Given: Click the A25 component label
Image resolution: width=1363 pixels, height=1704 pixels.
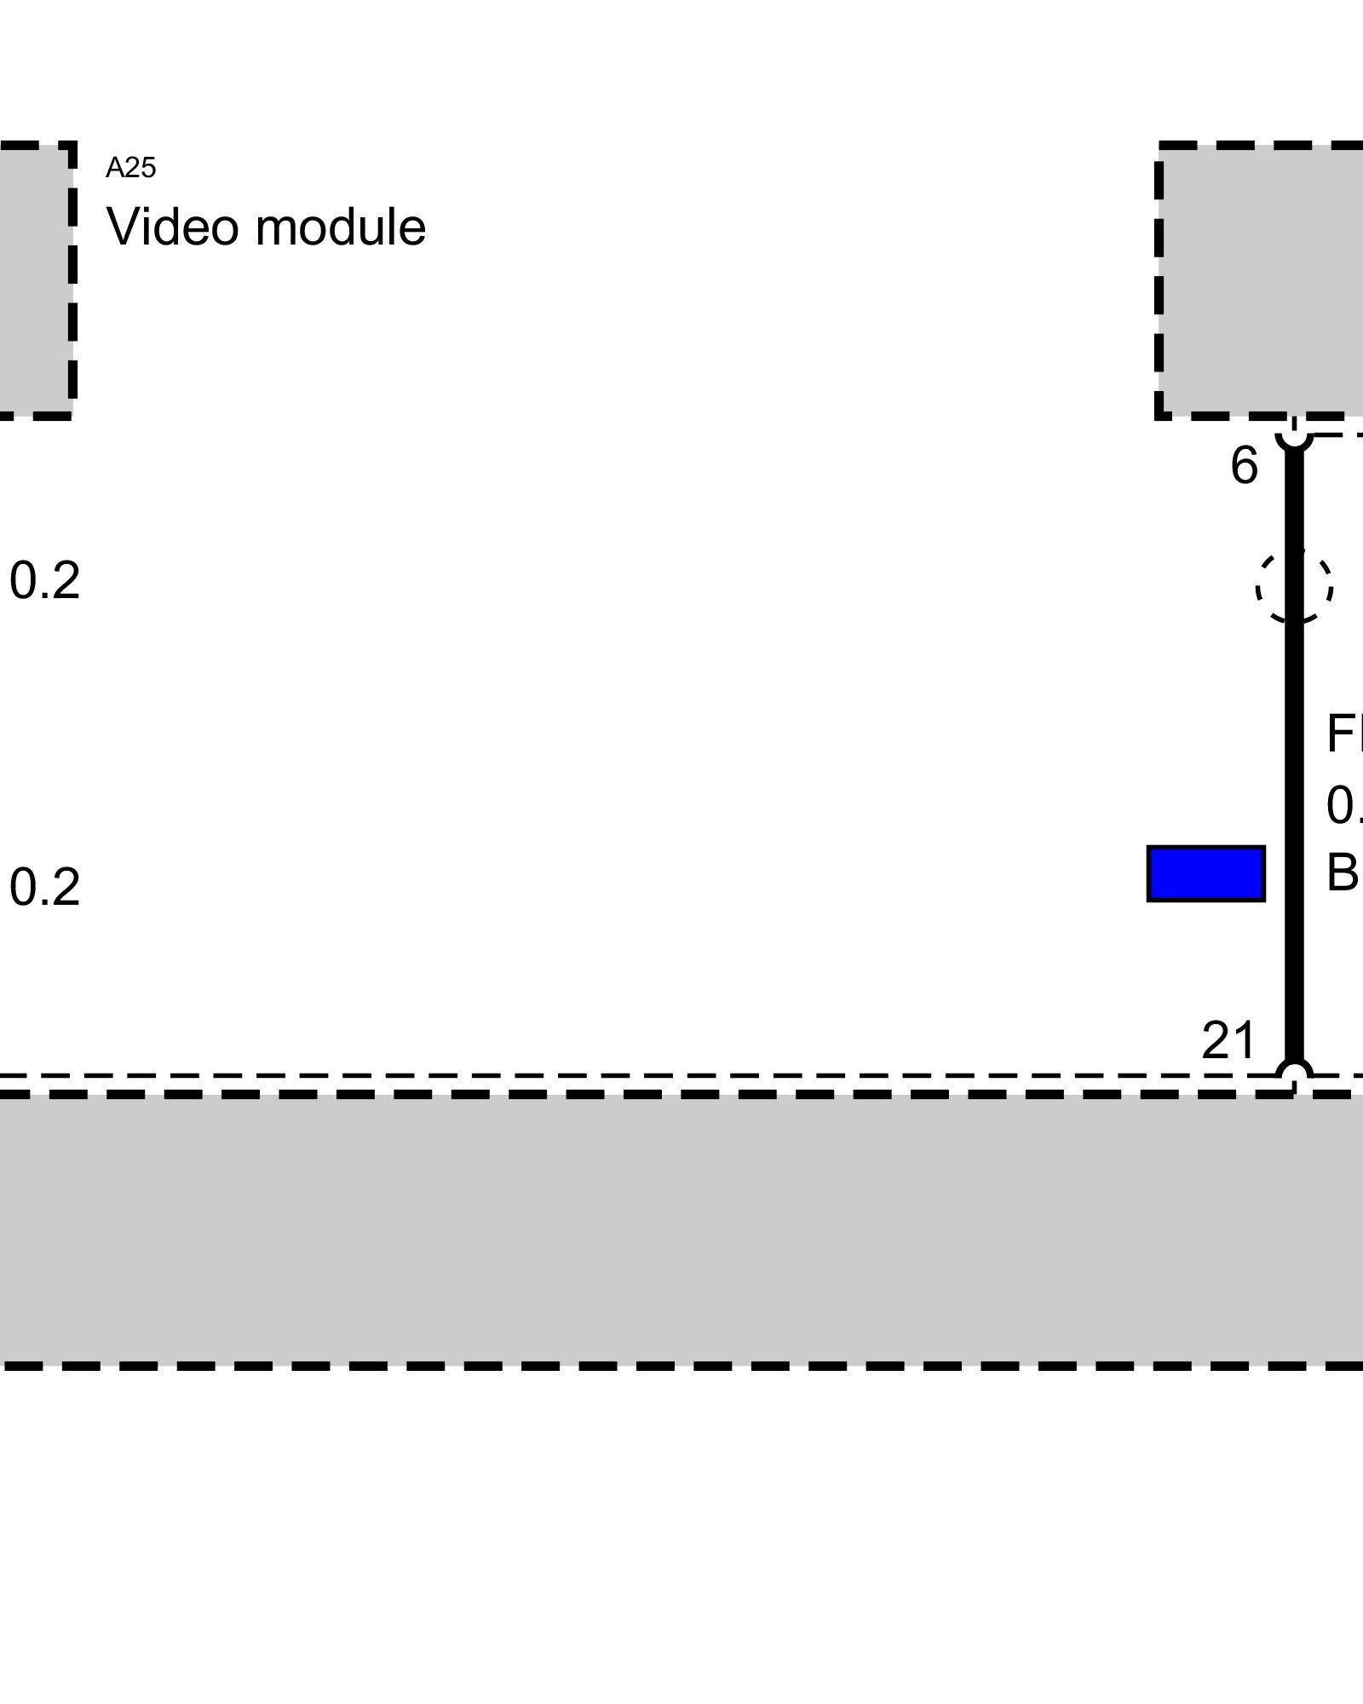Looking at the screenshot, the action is [130, 169].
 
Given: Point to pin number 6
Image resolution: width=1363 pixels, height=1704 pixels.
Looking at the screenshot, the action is [1244, 467].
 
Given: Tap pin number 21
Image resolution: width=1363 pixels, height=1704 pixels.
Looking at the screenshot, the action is [1228, 1040].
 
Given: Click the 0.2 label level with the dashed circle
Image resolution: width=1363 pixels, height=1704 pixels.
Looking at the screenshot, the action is [44, 581].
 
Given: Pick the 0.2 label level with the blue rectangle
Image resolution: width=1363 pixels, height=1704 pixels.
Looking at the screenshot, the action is [44, 887].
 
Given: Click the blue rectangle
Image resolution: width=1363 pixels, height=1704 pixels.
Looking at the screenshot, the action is [1205, 873].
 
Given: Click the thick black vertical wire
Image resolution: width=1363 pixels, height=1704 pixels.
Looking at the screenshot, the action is [1294, 750].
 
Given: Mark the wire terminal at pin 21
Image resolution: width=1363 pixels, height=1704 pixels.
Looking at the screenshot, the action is [1294, 1073].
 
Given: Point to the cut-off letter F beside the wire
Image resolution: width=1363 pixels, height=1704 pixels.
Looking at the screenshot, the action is [1344, 734].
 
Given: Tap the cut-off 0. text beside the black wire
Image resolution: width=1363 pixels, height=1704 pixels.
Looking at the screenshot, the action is [1344, 805].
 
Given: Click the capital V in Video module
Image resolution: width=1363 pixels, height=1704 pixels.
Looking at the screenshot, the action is [121, 227].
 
